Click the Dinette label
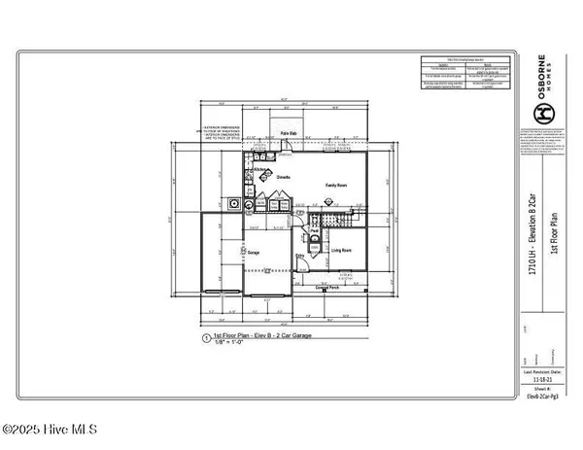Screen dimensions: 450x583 (x=285, y=178)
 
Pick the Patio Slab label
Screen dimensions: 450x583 (x=289, y=132)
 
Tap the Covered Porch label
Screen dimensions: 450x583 (x=329, y=288)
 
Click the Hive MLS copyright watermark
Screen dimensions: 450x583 (x=55, y=429)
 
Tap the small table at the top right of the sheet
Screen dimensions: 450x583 (x=465, y=76)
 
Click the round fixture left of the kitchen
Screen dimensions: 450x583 (x=234, y=205)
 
